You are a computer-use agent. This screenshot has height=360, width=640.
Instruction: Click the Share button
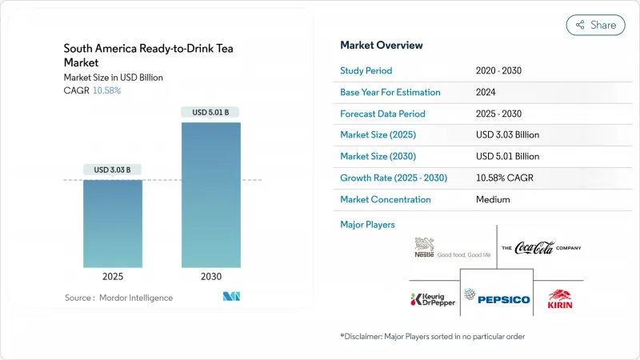point(595,25)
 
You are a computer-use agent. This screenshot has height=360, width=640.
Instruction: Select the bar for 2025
point(113,223)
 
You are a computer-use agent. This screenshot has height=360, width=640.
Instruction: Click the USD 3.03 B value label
point(113,170)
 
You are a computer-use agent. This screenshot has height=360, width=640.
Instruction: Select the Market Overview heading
point(382,46)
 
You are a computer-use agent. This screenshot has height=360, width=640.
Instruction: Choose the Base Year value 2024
point(486,92)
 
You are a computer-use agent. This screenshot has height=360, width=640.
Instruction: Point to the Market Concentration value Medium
point(492,199)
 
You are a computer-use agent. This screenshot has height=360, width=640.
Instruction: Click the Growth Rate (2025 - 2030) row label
point(394,178)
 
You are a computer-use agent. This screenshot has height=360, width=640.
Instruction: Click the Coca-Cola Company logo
point(541,247)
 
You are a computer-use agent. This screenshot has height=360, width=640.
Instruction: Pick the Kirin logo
point(559,298)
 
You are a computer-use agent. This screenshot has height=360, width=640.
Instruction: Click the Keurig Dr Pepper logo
point(433,300)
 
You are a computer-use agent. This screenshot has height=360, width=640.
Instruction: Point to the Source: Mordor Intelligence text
point(118,298)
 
